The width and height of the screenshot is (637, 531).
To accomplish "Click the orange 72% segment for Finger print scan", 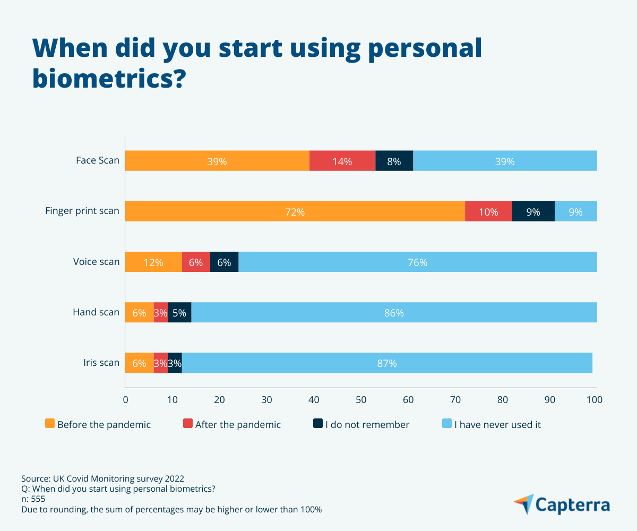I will pos(295,211).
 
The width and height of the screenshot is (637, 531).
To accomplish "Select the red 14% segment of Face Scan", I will pos(342,161).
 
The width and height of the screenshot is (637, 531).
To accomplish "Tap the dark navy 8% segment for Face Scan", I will pos(394,161).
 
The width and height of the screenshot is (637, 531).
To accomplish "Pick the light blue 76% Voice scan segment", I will pos(417,262).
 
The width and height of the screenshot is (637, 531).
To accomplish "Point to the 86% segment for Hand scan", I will pos(394,312).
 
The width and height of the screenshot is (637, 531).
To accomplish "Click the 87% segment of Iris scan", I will pos(386,363).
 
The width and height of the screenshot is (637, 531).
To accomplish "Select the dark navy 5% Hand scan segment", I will pos(179,312).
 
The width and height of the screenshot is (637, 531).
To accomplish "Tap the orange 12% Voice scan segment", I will pos(153,262).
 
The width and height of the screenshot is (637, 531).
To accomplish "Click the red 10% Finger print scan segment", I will pos(488,211).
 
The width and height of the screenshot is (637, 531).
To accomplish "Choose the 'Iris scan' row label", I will pos(101,363).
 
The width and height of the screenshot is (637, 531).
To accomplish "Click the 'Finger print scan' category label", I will pos(82,211).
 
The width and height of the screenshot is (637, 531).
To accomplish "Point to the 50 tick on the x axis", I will pos(361,400).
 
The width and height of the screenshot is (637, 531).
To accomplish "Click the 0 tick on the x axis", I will pos(126,400).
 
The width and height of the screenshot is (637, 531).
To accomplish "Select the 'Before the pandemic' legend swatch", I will pos(50,424).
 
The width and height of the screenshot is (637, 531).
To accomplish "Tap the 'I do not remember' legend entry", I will pos(367,424).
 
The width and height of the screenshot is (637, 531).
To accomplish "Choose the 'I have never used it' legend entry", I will pos(497,424).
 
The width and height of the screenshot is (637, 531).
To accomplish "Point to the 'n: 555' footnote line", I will pos(33,499).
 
